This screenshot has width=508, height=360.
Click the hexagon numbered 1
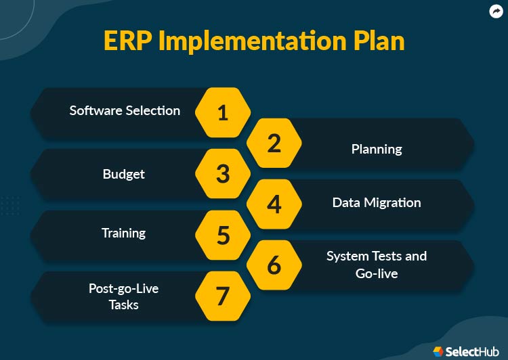[223, 112]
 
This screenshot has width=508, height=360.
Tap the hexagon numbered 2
[274, 143]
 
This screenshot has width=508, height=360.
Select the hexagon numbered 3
[223, 174]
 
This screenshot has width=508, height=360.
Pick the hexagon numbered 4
[274, 204]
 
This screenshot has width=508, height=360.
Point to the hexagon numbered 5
[223, 235]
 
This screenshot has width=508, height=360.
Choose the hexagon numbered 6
[274, 265]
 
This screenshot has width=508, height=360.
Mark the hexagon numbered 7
[223, 296]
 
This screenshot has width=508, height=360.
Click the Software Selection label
[125, 110]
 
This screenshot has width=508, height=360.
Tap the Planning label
[377, 149]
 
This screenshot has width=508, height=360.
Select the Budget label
[124, 174]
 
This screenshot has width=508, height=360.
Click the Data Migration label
[377, 202]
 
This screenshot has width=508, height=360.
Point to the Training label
[123, 233]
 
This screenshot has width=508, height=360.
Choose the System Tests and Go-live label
[377, 265]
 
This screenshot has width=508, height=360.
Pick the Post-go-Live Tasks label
[123, 296]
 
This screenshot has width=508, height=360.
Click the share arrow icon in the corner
[495, 11]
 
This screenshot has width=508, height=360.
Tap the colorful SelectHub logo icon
[439, 351]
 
